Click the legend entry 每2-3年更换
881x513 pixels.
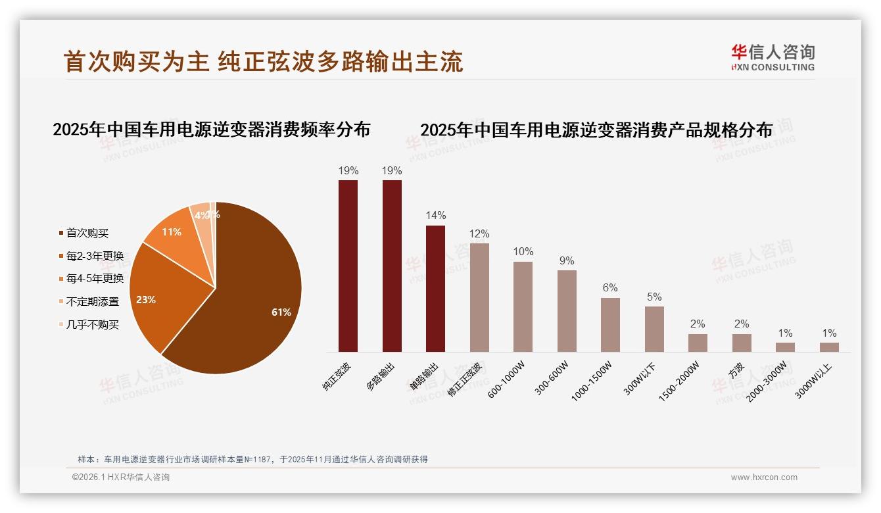[91, 256]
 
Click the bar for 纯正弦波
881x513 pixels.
[348, 266]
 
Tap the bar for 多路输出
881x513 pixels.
[392, 266]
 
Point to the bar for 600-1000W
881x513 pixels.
[523, 306]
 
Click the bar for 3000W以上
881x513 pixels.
[829, 347]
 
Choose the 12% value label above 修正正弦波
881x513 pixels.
[479, 234]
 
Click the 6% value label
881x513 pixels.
[610, 288]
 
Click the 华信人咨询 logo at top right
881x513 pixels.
[773, 57]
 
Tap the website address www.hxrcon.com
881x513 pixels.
[764, 477]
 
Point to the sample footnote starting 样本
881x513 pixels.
[252, 459]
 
